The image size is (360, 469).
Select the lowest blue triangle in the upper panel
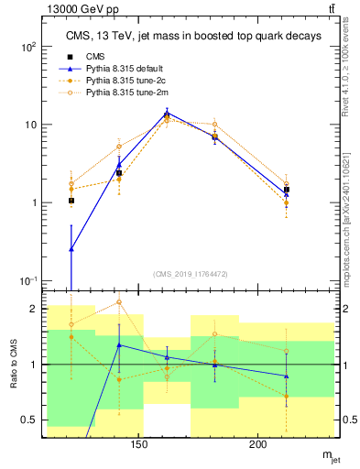point(71,248)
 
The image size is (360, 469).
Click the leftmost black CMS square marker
point(71,200)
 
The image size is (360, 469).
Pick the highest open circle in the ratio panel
point(119,302)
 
